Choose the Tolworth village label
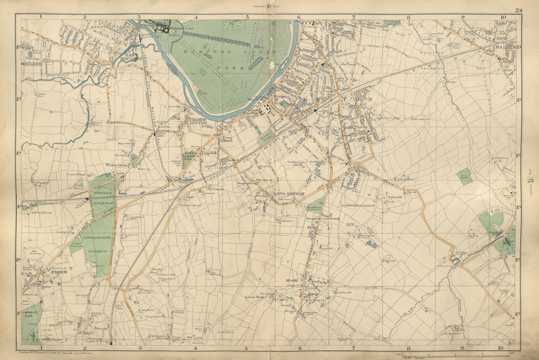coord(395,197)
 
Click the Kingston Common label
coord(322,218)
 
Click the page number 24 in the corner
coord(519,10)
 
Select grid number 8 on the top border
coord(409,17)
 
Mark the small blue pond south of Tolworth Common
coord(371,244)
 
